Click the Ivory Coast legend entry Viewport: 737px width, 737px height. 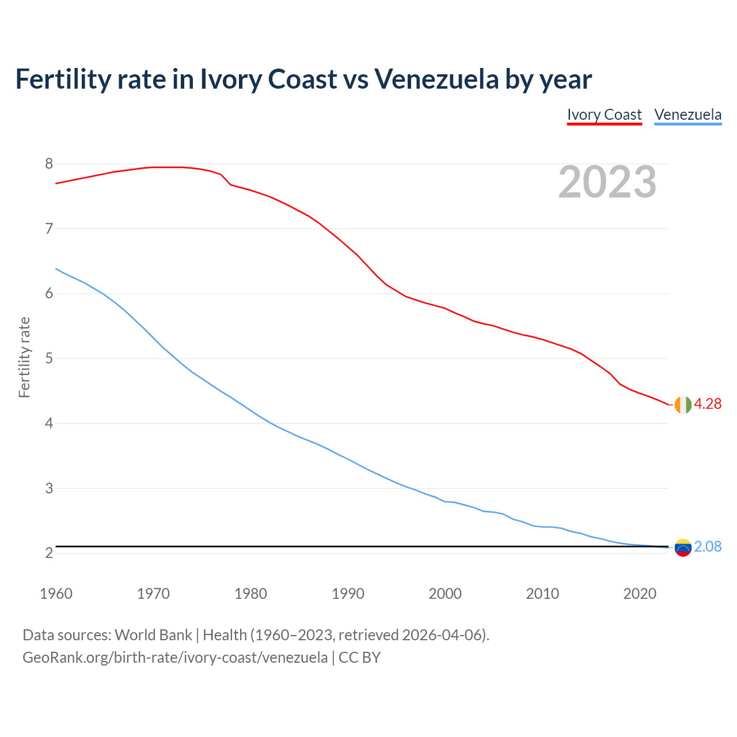click(x=604, y=115)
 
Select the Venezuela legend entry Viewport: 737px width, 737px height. click(x=687, y=115)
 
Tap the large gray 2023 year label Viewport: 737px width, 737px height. click(x=607, y=182)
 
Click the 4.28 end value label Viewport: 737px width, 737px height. click(x=708, y=404)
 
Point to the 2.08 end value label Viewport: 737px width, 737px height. click(x=708, y=546)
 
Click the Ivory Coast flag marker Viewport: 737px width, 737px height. click(x=683, y=405)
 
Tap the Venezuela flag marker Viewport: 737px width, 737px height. click(x=683, y=547)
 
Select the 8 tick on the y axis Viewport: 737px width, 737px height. click(x=49, y=164)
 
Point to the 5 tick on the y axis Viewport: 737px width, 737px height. click(x=49, y=359)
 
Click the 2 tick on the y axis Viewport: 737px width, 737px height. click(x=49, y=553)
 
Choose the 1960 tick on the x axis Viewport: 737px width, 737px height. click(x=56, y=594)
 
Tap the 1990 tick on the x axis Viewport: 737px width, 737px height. click(x=348, y=594)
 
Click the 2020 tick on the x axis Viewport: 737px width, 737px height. click(x=640, y=594)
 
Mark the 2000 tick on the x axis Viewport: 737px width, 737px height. click(x=445, y=594)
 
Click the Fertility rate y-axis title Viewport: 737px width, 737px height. click(x=24, y=357)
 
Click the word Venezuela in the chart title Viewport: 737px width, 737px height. click(x=436, y=79)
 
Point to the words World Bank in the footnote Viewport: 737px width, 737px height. click(x=153, y=635)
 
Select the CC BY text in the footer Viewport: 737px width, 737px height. click(x=359, y=658)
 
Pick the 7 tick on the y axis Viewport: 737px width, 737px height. click(x=49, y=229)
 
